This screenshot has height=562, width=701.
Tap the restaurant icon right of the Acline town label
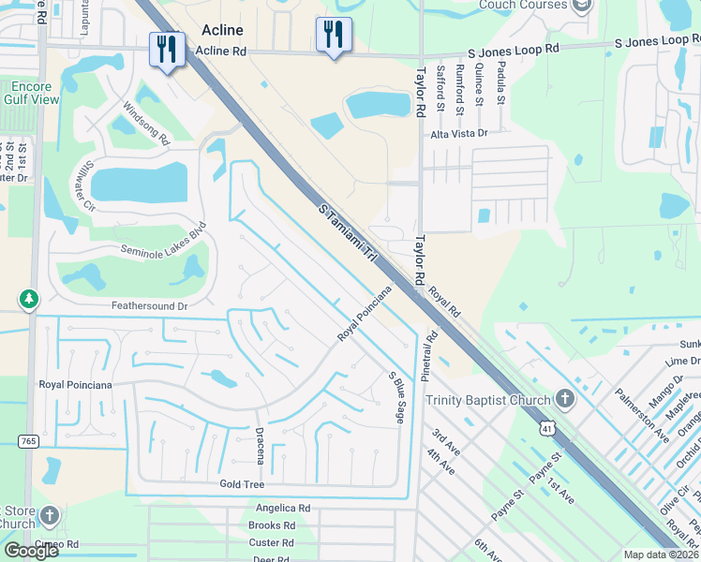pyautogui.click(x=334, y=35)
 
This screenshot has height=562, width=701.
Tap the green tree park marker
pyautogui.click(x=30, y=300)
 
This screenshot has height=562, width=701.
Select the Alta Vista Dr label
pyautogui.click(x=459, y=134)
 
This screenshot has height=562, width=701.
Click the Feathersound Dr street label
pyautogui.click(x=150, y=305)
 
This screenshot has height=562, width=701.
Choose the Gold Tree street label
pyautogui.click(x=242, y=484)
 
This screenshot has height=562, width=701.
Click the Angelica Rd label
pyautogui.click(x=282, y=508)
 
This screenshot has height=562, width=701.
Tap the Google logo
pyautogui.click(x=32, y=550)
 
